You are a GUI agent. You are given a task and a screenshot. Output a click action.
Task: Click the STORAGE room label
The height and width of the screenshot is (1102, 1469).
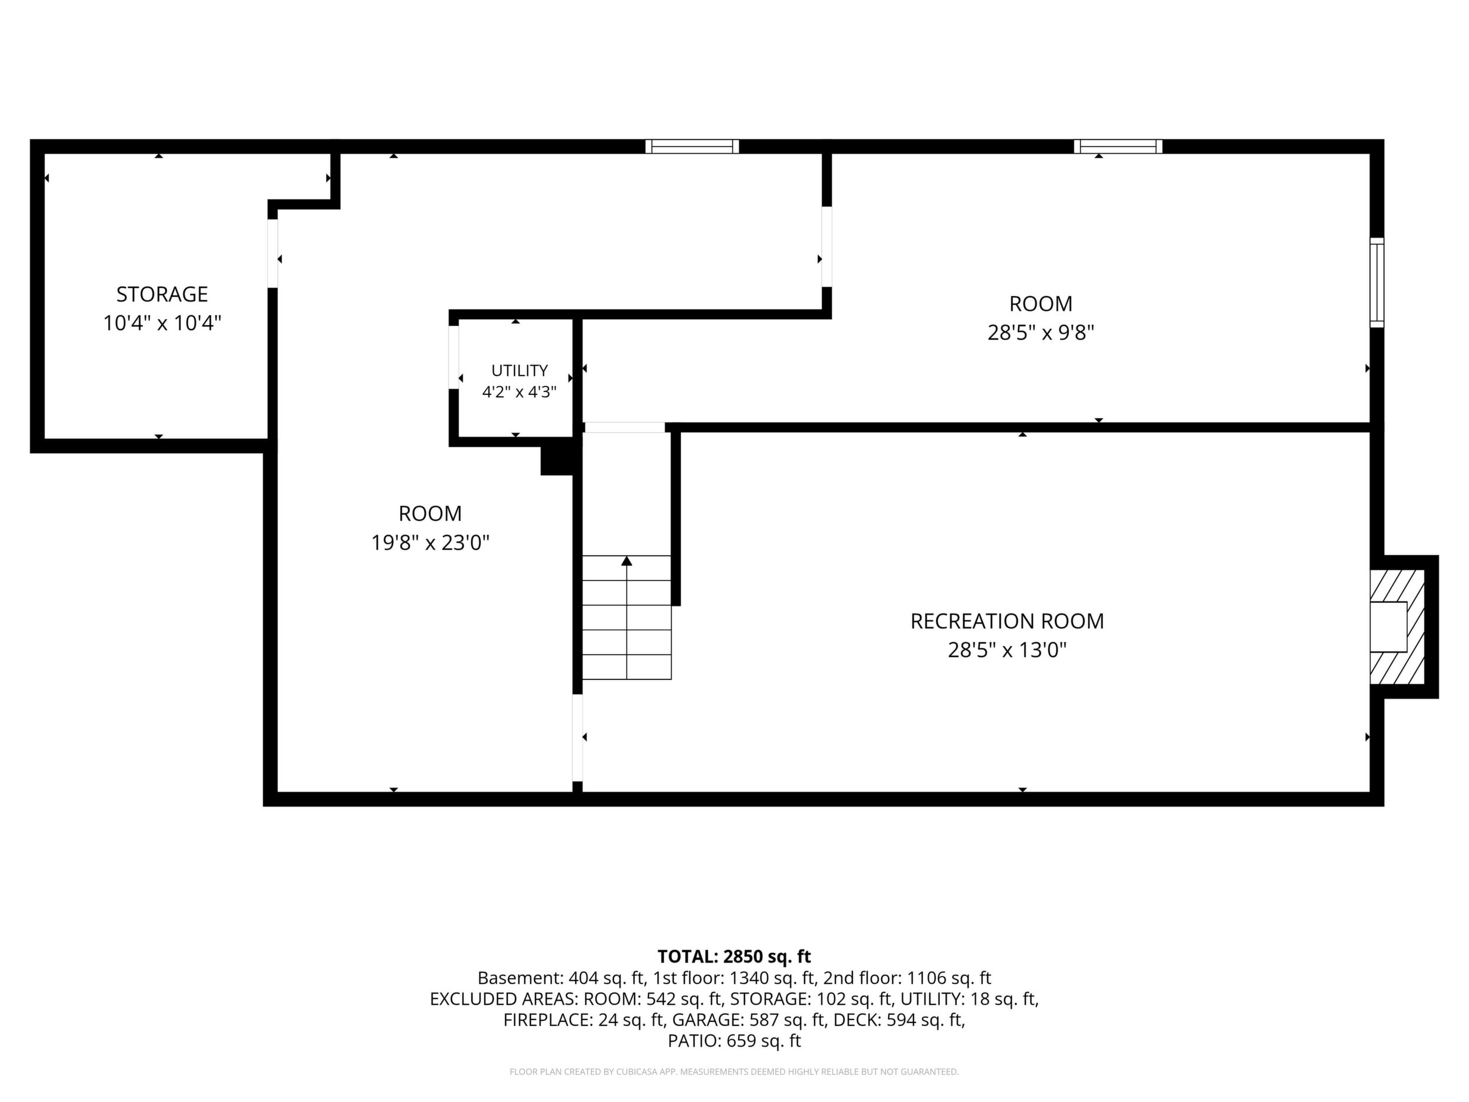(162, 294)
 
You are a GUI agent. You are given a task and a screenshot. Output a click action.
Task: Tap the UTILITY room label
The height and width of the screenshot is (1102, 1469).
(519, 371)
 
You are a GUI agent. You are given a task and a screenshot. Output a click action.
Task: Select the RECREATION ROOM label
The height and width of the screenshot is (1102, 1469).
(1007, 621)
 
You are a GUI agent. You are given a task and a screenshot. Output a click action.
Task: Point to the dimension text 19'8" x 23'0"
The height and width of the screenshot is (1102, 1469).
(430, 543)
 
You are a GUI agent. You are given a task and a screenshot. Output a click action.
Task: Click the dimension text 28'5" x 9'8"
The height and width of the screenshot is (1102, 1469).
(1041, 332)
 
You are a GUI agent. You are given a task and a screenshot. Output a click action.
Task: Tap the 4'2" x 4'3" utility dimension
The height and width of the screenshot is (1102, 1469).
(519, 392)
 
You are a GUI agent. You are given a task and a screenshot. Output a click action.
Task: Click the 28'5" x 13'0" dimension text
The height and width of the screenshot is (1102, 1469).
(1007, 650)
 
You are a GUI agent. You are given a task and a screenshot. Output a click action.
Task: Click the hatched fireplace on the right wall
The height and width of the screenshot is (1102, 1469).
(1397, 626)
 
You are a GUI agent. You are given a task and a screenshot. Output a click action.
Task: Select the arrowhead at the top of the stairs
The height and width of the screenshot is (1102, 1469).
(626, 560)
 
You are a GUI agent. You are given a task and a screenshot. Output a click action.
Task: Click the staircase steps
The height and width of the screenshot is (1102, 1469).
(627, 617)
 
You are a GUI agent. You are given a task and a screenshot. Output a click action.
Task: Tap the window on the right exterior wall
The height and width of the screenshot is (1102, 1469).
(1377, 283)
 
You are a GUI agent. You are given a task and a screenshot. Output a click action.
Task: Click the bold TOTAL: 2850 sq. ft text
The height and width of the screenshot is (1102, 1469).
(734, 957)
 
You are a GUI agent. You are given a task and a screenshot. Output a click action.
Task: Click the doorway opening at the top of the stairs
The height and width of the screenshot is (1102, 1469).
(624, 427)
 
